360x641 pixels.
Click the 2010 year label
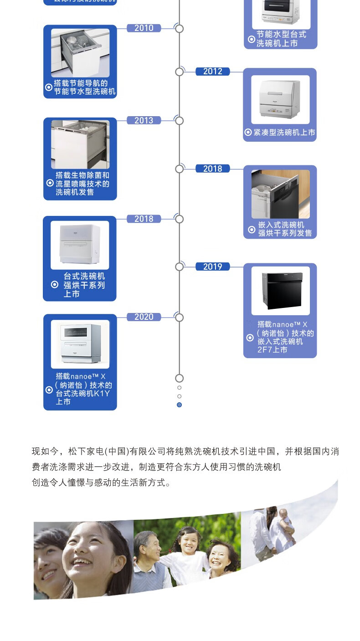click(144, 28)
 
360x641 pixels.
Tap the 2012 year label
click(212, 72)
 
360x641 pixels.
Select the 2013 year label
click(144, 121)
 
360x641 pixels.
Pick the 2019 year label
click(212, 267)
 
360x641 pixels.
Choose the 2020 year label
click(144, 317)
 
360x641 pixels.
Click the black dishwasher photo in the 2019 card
click(280, 291)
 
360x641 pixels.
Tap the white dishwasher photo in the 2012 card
click(280, 99)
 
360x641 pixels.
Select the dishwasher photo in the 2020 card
click(80, 344)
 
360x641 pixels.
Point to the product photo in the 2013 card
click(80, 144)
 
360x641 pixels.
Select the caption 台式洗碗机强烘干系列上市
click(84, 285)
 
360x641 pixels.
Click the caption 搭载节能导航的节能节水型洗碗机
click(84, 87)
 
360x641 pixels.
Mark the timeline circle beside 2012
click(180, 72)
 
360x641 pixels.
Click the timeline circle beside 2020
click(180, 318)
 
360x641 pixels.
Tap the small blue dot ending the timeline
click(179, 405)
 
